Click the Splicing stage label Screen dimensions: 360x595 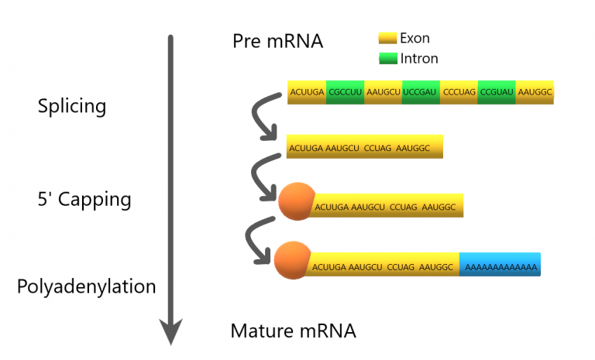(x=72, y=106)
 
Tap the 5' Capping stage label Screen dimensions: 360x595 (x=84, y=200)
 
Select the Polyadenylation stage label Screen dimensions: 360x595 (x=86, y=286)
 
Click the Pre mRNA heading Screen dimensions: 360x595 (x=277, y=42)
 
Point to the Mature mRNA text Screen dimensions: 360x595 (x=293, y=331)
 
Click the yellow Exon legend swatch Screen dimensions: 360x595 (x=387, y=38)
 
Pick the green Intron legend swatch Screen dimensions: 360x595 (x=387, y=58)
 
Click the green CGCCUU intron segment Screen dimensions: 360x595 (x=345, y=92)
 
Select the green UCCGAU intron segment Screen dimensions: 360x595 (x=421, y=92)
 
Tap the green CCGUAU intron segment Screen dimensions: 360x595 (x=497, y=92)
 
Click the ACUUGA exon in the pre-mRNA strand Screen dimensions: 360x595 (x=307, y=92)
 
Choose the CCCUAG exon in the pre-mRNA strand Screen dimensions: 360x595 (x=459, y=92)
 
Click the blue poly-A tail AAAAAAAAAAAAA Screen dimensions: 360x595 (x=500, y=265)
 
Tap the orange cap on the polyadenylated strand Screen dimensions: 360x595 (x=292, y=259)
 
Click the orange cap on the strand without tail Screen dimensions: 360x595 (x=296, y=201)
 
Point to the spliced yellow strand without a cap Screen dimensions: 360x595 (x=364, y=146)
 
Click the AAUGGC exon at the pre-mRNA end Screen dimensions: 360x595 (x=535, y=92)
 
